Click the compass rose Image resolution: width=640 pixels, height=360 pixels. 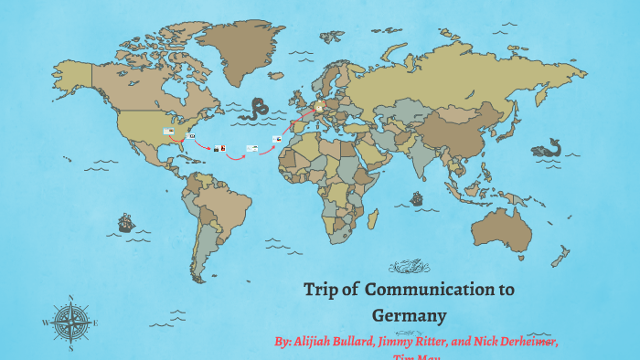[x=70, y=323]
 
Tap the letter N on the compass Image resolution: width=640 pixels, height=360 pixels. [x=70, y=297]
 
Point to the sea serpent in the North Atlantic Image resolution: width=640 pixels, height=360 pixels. [x=255, y=108]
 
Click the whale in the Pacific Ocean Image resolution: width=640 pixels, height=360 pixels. [x=547, y=147]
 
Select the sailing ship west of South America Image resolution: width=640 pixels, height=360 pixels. [x=125, y=222]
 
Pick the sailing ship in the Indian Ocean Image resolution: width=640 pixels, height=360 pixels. [x=417, y=198]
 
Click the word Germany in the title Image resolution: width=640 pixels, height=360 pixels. [x=409, y=316]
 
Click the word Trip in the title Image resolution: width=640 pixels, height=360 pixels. [x=320, y=291]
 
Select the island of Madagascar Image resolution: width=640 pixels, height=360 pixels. [x=373, y=218]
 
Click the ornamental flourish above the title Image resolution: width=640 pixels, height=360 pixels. [x=409, y=267]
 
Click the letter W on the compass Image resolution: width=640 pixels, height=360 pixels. [x=45, y=323]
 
